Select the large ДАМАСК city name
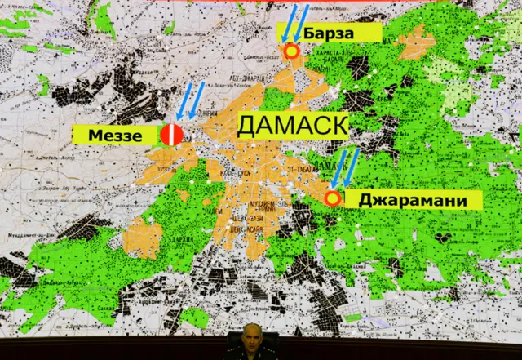pyautogui.click(x=293, y=127)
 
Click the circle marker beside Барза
pyautogui.click(x=291, y=51)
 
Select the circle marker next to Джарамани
pyautogui.click(x=332, y=198)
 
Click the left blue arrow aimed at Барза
pyautogui.click(x=286, y=23)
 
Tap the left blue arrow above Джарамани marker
pyautogui.click(x=338, y=168)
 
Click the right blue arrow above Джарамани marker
pyautogui.click(x=352, y=166)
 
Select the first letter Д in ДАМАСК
pyautogui.click(x=247, y=127)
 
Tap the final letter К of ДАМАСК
pyautogui.click(x=338, y=127)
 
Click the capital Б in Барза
pyautogui.click(x=311, y=33)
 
